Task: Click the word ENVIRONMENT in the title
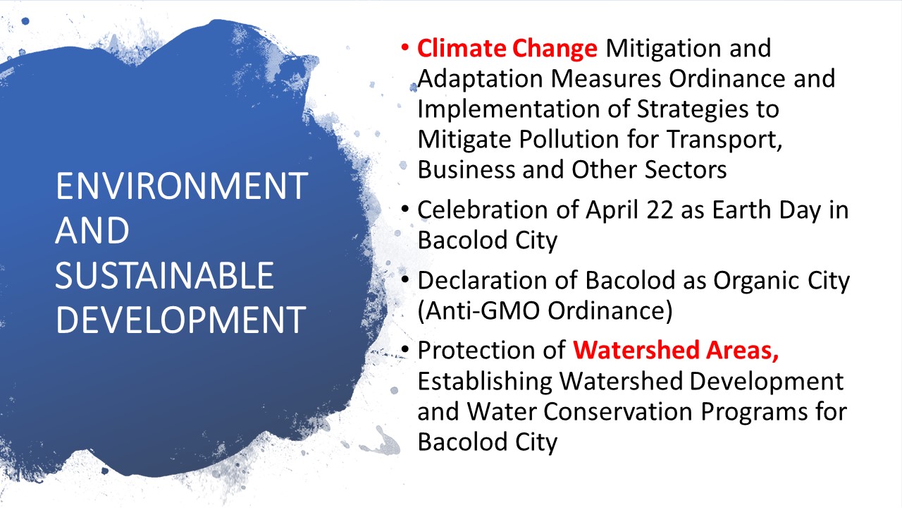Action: tap(182, 186)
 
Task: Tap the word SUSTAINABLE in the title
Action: tap(164, 275)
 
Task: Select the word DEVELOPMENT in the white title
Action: tap(181, 320)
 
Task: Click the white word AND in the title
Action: tap(92, 230)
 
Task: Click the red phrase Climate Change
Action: tap(507, 49)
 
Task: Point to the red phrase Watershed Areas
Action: tap(676, 350)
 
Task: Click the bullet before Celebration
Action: tap(405, 210)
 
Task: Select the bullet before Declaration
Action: tap(405, 280)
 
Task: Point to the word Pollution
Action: tap(569, 139)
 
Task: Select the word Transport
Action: tap(724, 140)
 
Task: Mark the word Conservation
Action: tap(618, 411)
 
